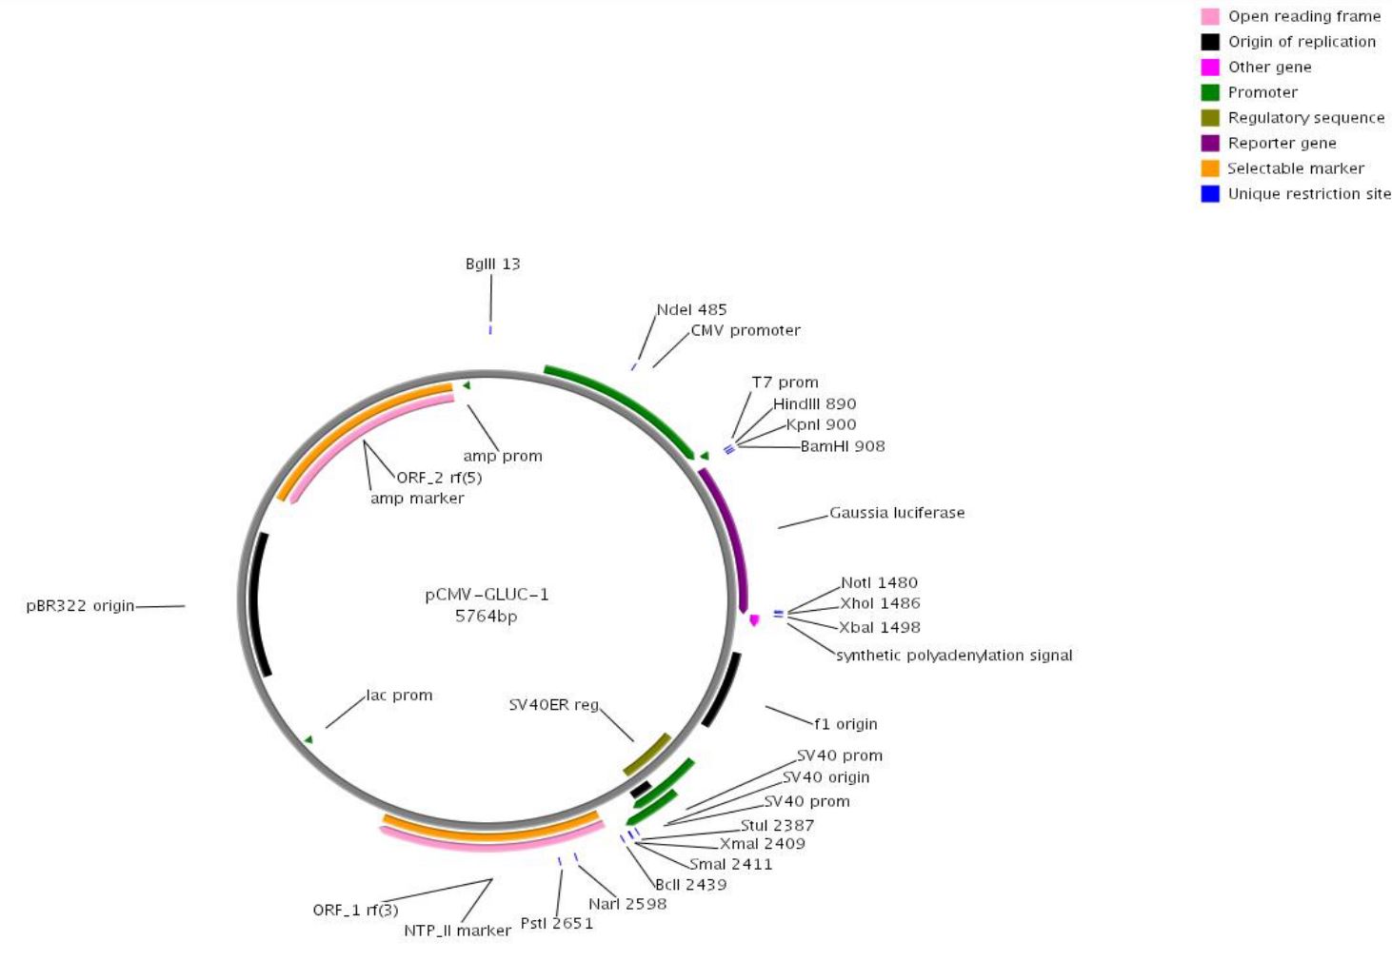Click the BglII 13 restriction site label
point(492,264)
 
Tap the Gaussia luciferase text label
point(896,513)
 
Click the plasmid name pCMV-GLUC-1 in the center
point(487,595)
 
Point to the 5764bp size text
point(486,617)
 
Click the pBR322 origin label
point(80,606)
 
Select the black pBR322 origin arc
point(255,604)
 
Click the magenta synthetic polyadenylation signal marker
point(754,620)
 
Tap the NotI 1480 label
point(879,582)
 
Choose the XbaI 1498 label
point(879,627)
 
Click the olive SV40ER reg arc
point(647,754)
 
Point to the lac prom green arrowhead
point(308,739)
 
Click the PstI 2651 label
point(556,923)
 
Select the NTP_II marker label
point(457,931)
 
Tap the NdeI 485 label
point(691,309)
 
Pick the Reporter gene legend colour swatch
point(1210,143)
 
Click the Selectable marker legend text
point(1295,168)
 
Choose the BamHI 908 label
point(843,446)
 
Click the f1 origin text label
point(845,724)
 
